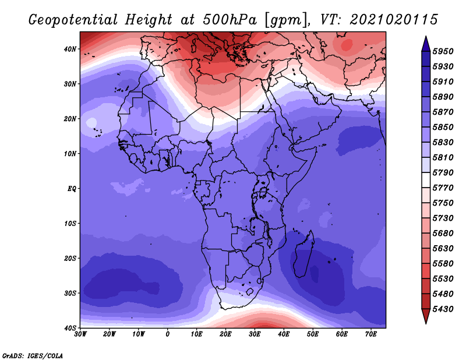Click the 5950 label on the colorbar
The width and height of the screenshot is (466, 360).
click(x=443, y=51)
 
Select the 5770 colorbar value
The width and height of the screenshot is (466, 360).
click(x=443, y=188)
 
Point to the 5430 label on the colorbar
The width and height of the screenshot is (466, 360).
click(x=443, y=309)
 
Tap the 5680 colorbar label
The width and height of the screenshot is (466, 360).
click(x=443, y=233)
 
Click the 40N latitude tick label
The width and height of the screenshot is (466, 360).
click(x=70, y=49)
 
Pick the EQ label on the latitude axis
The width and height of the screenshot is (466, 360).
click(x=72, y=189)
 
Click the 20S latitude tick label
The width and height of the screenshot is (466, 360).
click(x=70, y=258)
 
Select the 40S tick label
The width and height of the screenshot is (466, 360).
click(x=70, y=328)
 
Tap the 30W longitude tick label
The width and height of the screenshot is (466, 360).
click(x=80, y=334)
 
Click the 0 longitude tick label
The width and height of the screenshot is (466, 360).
click(x=168, y=334)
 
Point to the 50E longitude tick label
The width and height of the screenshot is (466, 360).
click(x=313, y=334)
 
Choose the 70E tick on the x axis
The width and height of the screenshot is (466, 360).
click(x=371, y=334)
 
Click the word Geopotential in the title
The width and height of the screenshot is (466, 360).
click(x=73, y=20)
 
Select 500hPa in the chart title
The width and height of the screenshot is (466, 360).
click(x=230, y=20)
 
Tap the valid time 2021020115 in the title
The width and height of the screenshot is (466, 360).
click(x=394, y=20)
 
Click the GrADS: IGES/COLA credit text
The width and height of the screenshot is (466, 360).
click(x=33, y=355)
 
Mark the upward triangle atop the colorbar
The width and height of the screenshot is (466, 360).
click(x=426, y=44)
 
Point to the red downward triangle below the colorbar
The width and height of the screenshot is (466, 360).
click(x=426, y=316)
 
